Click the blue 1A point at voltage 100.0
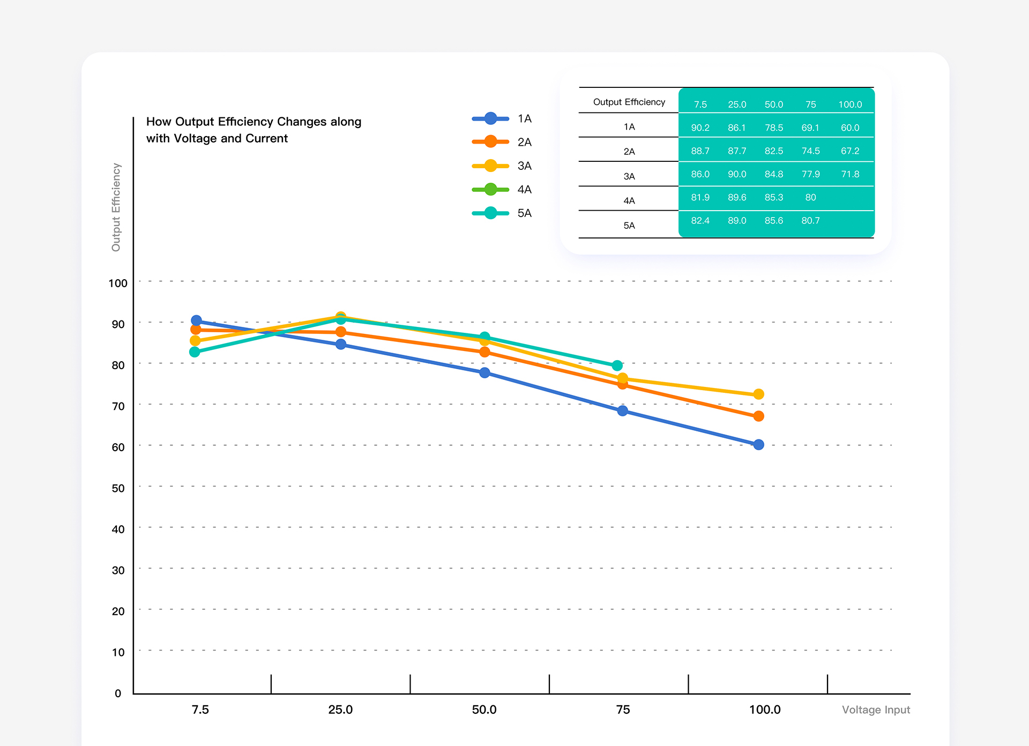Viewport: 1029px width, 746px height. (x=758, y=444)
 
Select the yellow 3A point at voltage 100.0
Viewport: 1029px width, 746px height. (x=758, y=394)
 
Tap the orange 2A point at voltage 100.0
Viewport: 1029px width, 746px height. (x=758, y=416)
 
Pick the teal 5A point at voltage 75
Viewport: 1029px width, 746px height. (x=617, y=365)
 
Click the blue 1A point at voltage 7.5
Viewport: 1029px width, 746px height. (x=197, y=320)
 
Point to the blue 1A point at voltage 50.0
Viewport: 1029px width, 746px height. (x=484, y=372)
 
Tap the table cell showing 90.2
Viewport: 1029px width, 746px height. (x=700, y=128)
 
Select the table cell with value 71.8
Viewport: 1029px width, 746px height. (x=850, y=174)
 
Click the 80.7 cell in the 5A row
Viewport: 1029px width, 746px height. (x=810, y=221)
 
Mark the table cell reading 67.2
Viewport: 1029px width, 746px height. (x=850, y=151)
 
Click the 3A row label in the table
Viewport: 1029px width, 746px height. (x=629, y=176)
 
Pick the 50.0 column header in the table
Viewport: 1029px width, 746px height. (x=774, y=105)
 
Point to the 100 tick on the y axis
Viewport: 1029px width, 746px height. (x=118, y=284)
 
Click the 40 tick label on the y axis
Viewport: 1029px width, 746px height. (x=118, y=529)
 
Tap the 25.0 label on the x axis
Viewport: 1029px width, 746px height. (x=340, y=710)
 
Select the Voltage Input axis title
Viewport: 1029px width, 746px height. (x=876, y=710)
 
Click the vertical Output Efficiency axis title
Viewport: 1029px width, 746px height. (x=116, y=207)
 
